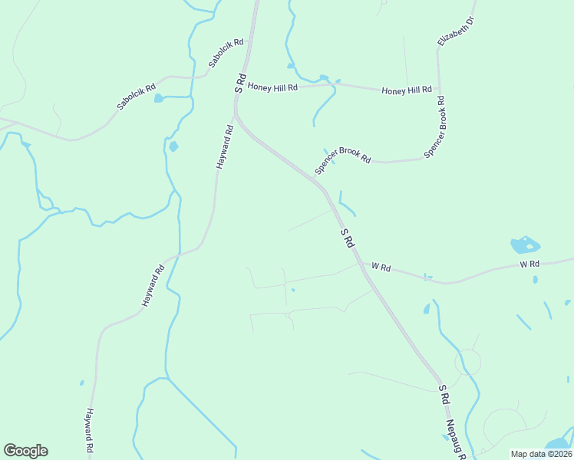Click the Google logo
click(x=25, y=451)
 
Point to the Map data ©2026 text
click(x=541, y=454)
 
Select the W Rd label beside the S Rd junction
click(x=381, y=268)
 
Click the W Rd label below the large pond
click(x=529, y=264)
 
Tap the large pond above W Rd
click(x=524, y=245)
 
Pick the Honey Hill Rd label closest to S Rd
click(x=272, y=87)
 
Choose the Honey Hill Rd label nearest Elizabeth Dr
click(x=407, y=90)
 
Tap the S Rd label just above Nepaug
click(x=444, y=394)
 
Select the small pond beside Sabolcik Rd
click(x=159, y=98)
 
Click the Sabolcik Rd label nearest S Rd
click(x=226, y=51)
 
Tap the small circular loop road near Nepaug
click(x=467, y=361)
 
